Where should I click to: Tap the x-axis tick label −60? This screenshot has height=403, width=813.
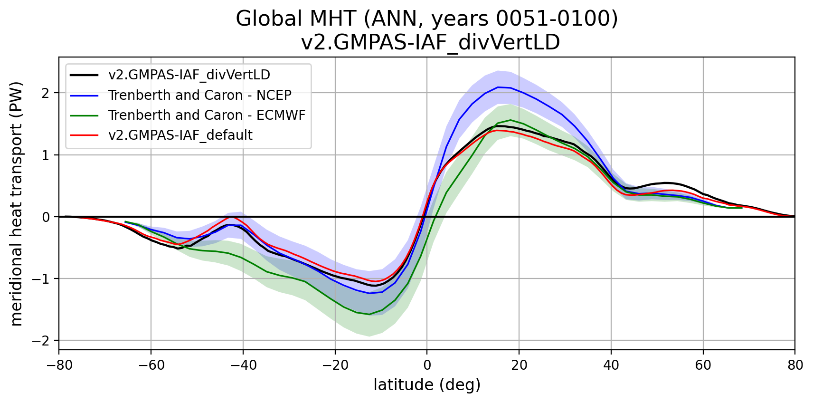click(x=151, y=365)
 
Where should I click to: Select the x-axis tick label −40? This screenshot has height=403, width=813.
click(x=243, y=365)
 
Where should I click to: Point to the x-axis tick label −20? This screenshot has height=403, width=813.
click(x=335, y=365)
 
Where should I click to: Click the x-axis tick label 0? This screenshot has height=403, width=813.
click(x=427, y=365)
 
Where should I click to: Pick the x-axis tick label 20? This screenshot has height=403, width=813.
click(x=519, y=365)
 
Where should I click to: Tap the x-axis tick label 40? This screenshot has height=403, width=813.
click(x=611, y=365)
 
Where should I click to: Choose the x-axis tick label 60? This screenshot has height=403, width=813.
click(x=703, y=365)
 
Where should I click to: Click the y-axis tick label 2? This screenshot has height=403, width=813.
click(x=46, y=93)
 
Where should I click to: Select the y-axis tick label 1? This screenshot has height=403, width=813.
click(x=46, y=155)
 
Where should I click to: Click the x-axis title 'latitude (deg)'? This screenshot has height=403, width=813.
click(x=427, y=384)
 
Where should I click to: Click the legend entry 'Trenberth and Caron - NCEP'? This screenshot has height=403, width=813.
click(x=199, y=95)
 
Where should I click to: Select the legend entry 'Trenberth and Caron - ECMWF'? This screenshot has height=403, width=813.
click(x=207, y=115)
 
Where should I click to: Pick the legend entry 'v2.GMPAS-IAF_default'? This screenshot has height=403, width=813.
click(x=180, y=135)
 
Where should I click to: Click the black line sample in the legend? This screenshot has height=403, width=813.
click(x=85, y=75)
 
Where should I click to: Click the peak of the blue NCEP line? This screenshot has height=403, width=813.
click(x=498, y=87)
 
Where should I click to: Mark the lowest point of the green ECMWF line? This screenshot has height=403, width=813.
click(x=369, y=314)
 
